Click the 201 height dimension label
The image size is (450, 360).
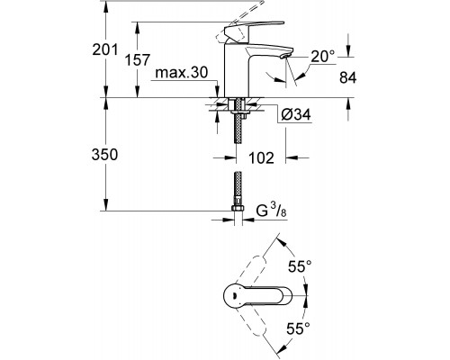coord(105,49)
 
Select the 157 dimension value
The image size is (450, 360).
coord(137,60)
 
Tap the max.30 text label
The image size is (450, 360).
coord(182,73)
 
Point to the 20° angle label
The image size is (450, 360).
coord(322,57)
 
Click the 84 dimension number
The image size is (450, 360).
coord(348,77)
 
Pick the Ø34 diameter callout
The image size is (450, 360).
coord(296,114)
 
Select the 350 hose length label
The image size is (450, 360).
coord(104,155)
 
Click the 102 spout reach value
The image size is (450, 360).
coord(262,158)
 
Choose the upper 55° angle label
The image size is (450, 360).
coord(300,266)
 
